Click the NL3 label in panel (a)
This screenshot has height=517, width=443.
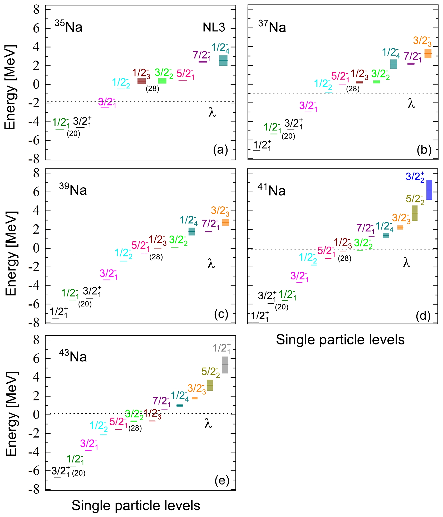[x=214, y=27]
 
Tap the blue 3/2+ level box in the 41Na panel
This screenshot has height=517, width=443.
[x=429, y=190]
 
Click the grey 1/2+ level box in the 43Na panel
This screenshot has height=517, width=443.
[x=225, y=365]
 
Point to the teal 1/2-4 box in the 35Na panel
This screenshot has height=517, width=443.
[x=223, y=60]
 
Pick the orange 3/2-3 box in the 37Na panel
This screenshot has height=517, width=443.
[x=428, y=53]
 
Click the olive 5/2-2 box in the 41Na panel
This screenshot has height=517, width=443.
[x=415, y=213]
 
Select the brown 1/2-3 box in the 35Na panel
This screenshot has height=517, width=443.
[x=142, y=81]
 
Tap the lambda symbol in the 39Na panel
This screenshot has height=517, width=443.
[x=211, y=263]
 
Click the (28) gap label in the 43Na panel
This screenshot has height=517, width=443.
[x=135, y=428]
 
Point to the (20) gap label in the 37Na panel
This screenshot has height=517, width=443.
[x=288, y=136]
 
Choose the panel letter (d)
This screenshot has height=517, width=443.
[x=423, y=315]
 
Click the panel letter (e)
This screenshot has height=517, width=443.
[x=222, y=481]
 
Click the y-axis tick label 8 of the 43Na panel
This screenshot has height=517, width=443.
[x=36, y=340]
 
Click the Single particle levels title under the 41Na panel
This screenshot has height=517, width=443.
[x=340, y=340]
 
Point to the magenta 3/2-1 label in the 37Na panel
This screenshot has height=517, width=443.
[x=308, y=106]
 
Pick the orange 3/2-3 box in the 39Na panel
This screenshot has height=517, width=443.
[x=225, y=222]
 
